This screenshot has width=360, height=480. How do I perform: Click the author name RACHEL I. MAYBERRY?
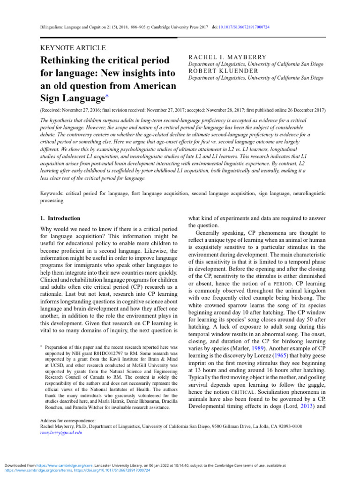click(227, 57)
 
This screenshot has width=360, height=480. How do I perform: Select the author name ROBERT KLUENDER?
click(223, 71)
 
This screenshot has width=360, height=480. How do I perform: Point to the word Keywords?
click(50, 193)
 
